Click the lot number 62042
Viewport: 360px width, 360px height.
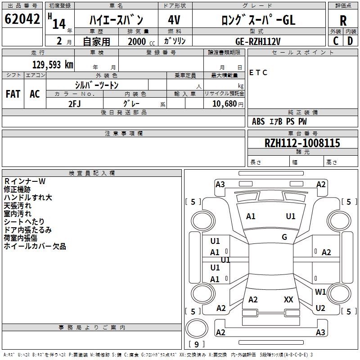point(22,19)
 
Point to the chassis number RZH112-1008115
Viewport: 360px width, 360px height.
point(302,143)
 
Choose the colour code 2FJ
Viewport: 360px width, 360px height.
point(75,103)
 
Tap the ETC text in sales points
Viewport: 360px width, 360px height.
point(258,72)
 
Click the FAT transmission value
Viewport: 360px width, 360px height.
point(13,94)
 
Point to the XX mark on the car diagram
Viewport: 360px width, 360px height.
point(288,299)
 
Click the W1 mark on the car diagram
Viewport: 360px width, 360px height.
point(320,292)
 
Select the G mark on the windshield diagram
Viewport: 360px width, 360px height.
point(284,237)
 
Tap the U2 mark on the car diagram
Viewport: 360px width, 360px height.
point(320,308)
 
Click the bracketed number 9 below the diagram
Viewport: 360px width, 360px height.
point(196,344)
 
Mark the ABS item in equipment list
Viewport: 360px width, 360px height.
point(258,121)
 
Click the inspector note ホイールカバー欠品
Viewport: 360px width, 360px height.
point(35,246)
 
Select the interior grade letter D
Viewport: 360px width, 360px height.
point(350,41)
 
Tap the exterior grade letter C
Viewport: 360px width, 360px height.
point(335,41)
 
